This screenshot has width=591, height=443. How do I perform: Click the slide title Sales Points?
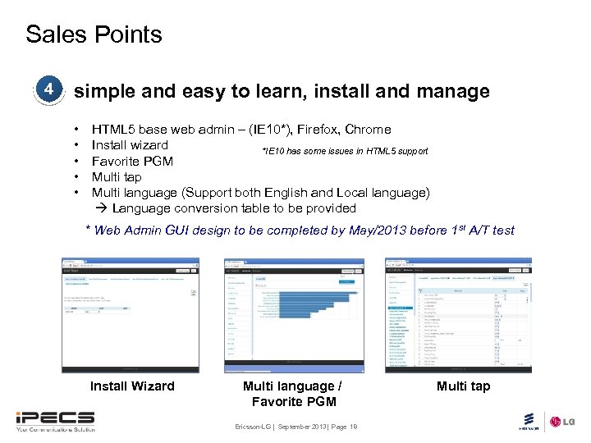tap(94, 34)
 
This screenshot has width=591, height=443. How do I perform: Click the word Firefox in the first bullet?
tap(319, 130)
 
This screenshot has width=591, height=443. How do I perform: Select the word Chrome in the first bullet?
tap(368, 130)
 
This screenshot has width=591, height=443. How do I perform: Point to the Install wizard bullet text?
tap(130, 145)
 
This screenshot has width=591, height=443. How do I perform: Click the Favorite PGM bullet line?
tap(132, 161)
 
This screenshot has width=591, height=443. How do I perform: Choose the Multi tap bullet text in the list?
tap(117, 176)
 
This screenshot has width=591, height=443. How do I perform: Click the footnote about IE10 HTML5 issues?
tap(344, 151)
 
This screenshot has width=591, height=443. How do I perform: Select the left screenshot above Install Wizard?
tap(131, 315)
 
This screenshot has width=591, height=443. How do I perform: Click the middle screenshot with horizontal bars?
tap(294, 315)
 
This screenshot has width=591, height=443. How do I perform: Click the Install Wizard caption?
tap(132, 386)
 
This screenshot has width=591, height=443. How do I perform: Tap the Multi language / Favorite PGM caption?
tap(293, 393)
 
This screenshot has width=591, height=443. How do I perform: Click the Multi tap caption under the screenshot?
tap(463, 386)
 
